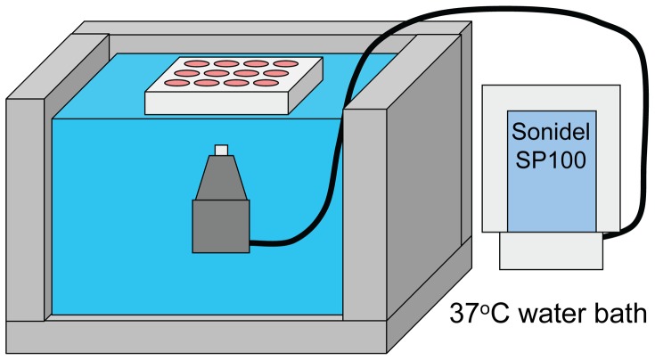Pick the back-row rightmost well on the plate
284,63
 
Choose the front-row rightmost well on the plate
266,84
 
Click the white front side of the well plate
213,102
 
